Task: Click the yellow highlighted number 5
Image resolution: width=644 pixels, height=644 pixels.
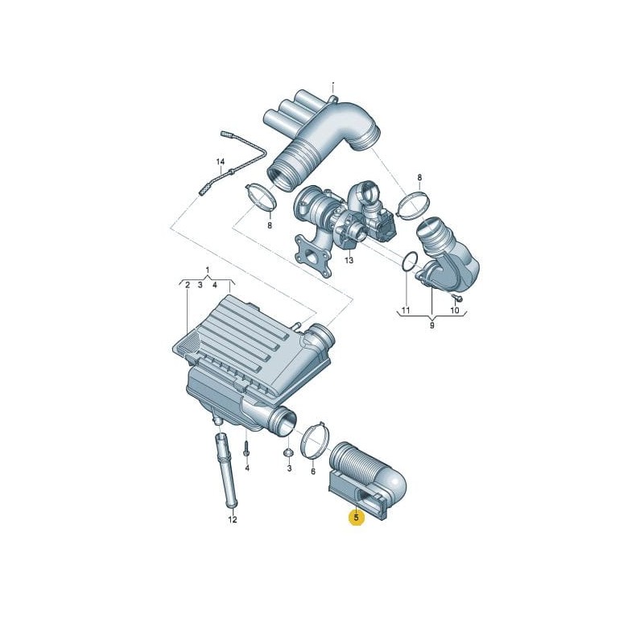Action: click(x=355, y=518)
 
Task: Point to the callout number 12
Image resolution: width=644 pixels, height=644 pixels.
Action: click(x=232, y=520)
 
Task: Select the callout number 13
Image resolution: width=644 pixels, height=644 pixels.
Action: click(x=349, y=261)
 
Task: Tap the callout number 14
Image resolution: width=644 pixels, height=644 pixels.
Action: click(x=219, y=163)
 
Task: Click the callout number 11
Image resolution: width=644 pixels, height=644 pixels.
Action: click(x=406, y=310)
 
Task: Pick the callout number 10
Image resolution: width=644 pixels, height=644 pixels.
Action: click(x=455, y=310)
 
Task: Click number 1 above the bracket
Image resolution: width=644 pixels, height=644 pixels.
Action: click(x=207, y=269)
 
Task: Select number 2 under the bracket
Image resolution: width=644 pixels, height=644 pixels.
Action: click(x=187, y=285)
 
